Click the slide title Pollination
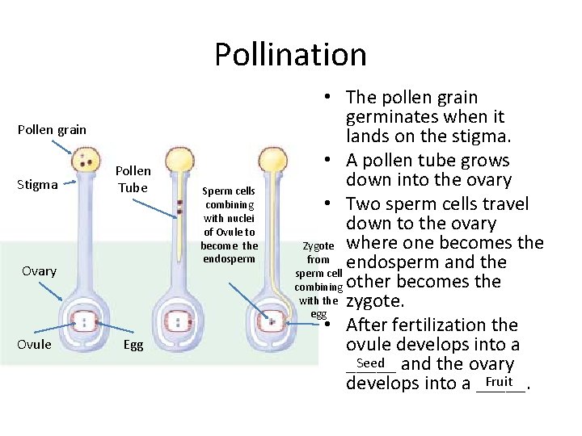click(x=290, y=55)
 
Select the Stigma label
click(x=37, y=184)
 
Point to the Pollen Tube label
click(x=133, y=179)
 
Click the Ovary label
click(x=39, y=270)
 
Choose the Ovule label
click(x=35, y=345)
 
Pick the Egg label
click(x=133, y=345)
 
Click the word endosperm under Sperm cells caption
click(x=230, y=259)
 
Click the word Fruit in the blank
click(x=500, y=381)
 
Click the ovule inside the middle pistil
click(x=179, y=321)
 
